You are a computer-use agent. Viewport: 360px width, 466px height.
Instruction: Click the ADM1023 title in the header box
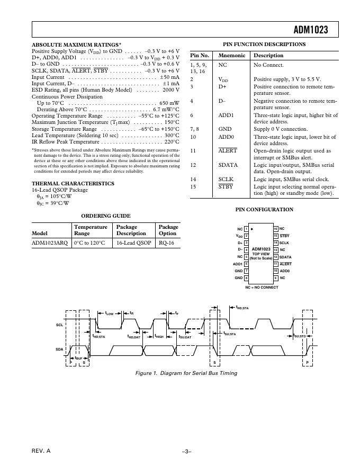tap(310, 30)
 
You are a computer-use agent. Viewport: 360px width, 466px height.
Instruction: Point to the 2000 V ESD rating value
tap(170, 90)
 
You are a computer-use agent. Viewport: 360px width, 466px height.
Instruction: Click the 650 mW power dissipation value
tap(169, 103)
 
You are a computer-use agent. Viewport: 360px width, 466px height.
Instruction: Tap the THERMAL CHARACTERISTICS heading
tap(73, 183)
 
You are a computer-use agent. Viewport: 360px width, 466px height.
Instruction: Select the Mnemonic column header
tap(231, 55)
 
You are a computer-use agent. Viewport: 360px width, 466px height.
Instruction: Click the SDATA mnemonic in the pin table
tap(228, 165)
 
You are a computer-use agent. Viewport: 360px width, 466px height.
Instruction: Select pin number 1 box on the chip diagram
tap(246, 229)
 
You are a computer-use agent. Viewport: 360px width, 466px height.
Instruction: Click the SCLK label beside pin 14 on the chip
tap(284, 243)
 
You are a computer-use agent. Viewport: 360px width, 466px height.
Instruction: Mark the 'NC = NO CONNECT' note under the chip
tap(261, 287)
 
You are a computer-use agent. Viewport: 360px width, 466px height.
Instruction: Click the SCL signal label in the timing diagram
tap(59, 324)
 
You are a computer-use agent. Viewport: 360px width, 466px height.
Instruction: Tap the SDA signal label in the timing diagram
tap(59, 349)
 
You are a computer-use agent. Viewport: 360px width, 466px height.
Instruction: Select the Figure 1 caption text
tap(186, 373)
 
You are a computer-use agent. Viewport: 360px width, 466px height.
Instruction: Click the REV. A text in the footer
tap(41, 451)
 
